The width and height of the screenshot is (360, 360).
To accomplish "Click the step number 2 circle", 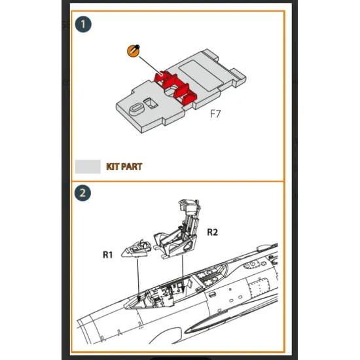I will [83, 193].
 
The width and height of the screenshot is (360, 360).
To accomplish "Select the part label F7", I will [215, 113].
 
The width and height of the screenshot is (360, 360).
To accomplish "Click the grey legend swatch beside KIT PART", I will [87, 166].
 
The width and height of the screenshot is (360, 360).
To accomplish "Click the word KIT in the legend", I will [113, 167].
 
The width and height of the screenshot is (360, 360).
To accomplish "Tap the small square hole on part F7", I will [150, 101].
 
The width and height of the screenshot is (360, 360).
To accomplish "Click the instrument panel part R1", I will [138, 247].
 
